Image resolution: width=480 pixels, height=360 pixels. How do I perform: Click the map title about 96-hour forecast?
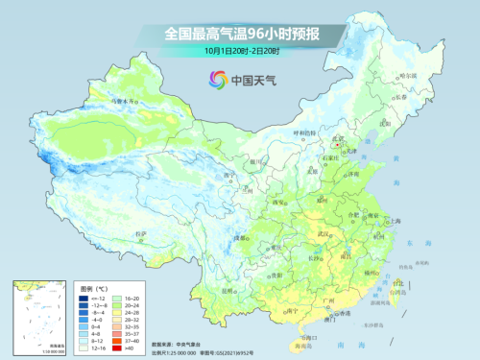[x=241, y=34]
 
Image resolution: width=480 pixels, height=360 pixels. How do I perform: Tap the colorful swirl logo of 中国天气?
[x=213, y=81]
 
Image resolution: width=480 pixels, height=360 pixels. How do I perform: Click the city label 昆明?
[x=230, y=289]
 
